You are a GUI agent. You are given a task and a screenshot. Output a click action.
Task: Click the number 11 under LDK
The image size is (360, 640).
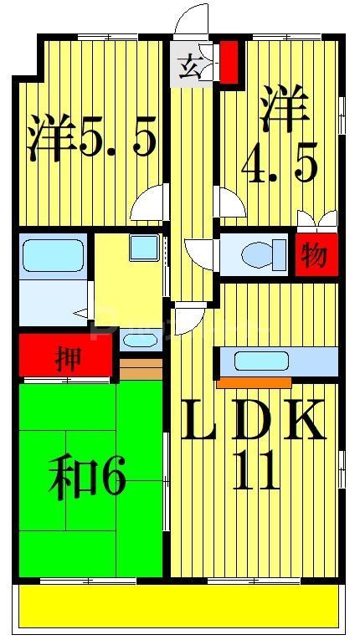click(x=255, y=474)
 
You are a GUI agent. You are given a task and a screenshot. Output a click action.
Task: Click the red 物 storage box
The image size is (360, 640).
click(x=314, y=255)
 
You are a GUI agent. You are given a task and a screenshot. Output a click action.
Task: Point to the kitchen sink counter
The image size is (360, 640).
click(x=278, y=361)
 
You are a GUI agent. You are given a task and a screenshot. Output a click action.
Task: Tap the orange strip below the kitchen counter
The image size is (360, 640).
click(x=254, y=383)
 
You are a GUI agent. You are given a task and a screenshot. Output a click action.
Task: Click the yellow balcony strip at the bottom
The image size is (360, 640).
click(x=180, y=605)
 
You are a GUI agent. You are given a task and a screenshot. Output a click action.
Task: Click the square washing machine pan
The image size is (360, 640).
click(x=143, y=247)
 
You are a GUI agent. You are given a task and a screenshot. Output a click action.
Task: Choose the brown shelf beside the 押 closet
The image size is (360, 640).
click(x=140, y=369)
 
